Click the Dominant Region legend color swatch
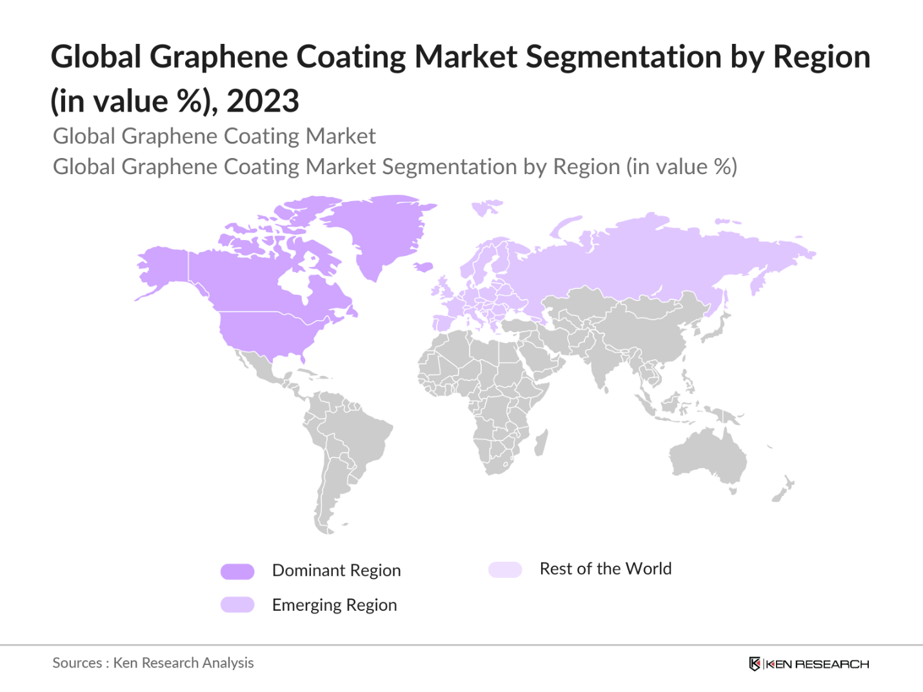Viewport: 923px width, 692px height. [x=237, y=571]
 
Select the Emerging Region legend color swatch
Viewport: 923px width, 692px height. [x=237, y=605]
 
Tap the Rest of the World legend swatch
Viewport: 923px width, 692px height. [x=505, y=569]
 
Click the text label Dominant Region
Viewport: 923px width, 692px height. [x=336, y=571]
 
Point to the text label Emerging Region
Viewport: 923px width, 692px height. [x=334, y=605]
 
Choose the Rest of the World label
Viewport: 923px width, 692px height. [x=605, y=569]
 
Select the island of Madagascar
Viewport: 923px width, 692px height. [x=542, y=443]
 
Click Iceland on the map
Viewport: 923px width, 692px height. [x=423, y=266]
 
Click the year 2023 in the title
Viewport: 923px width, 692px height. [x=263, y=101]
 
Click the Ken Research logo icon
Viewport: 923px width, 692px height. [x=754, y=664]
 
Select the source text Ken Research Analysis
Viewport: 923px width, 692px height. [x=183, y=663]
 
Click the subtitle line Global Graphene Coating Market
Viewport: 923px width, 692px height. [x=214, y=136]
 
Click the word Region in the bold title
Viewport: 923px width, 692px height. [x=821, y=57]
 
